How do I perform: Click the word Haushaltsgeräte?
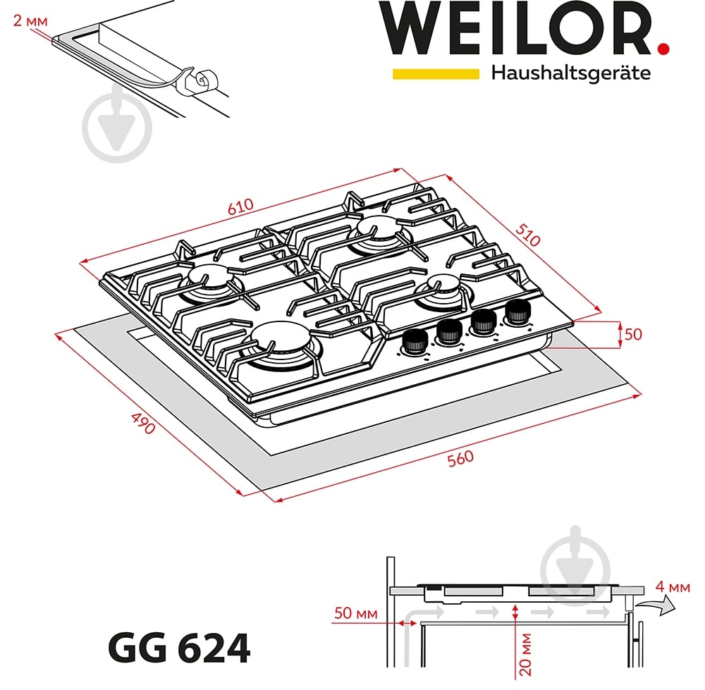coord(570,73)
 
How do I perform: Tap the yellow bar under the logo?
coord(436,74)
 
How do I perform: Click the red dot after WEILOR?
coord(663,49)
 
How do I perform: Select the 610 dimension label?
coord(240,207)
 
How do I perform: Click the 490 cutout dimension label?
coord(143,423)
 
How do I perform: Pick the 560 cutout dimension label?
coord(460,459)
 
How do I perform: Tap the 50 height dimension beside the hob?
coord(633,334)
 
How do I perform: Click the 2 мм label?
coord(30,20)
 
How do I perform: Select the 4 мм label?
coord(673,586)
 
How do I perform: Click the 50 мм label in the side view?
coord(355,613)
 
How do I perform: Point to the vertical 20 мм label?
coord(525,655)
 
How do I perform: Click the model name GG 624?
coord(179,648)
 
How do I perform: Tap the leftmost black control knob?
coord(415,342)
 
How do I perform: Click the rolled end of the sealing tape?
coord(206,80)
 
